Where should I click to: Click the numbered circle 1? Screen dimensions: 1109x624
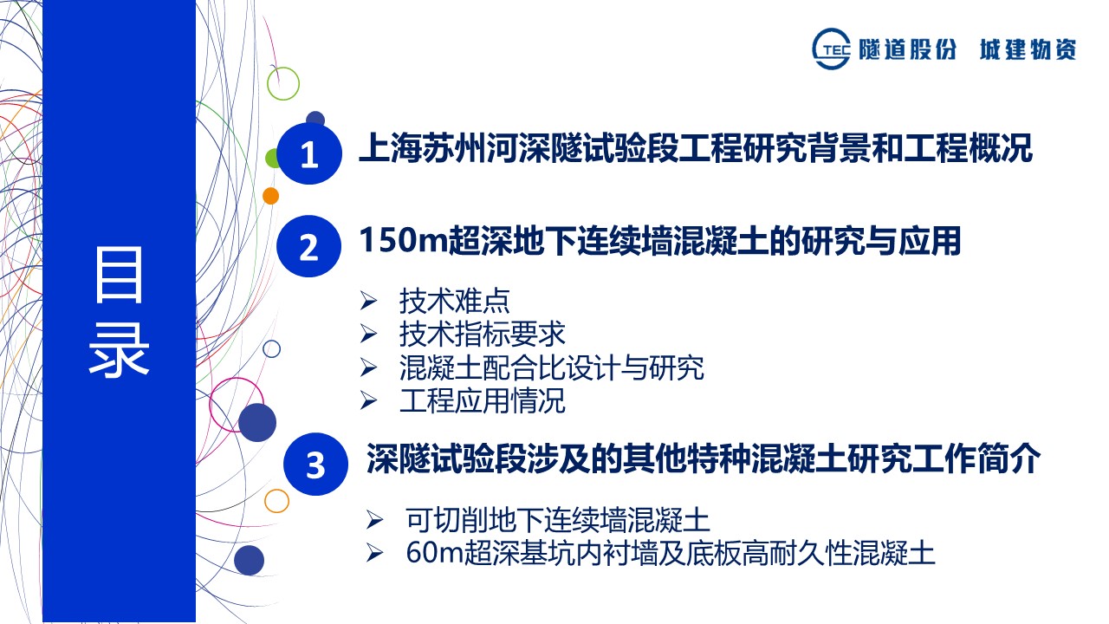(309, 153)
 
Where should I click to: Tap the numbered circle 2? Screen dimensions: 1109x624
(308, 246)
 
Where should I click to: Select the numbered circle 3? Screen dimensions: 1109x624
(315, 464)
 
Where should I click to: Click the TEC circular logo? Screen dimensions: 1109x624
(831, 49)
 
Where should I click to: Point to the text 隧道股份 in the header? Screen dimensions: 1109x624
(907, 49)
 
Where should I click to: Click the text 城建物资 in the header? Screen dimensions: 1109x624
(1028, 49)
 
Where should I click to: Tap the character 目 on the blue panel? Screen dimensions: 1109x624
(119, 275)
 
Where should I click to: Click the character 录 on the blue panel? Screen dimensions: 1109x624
(119, 350)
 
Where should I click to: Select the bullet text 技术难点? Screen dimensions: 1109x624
(454, 301)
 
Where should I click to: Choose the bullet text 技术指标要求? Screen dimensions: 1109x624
(482, 334)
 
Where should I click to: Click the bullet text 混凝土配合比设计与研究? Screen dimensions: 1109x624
(551, 367)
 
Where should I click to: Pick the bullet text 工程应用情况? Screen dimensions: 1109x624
(482, 400)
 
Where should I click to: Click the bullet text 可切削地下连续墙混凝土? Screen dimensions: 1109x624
(557, 519)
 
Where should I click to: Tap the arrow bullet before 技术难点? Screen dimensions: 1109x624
(368, 301)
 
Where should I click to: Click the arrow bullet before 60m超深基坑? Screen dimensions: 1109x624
(375, 553)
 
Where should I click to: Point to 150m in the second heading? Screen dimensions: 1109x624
(403, 241)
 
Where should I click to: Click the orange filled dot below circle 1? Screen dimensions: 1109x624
(270, 196)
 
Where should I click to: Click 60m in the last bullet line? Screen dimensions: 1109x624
(434, 553)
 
